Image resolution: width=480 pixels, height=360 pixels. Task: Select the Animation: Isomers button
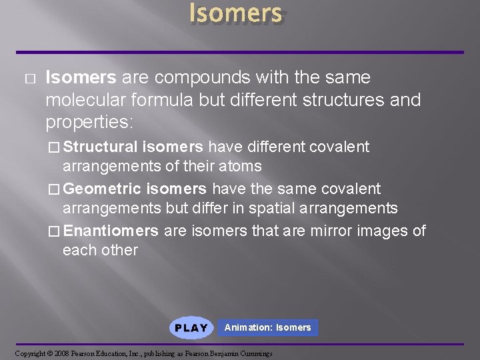tap(267, 327)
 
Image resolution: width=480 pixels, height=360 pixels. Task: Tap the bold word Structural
tap(101, 147)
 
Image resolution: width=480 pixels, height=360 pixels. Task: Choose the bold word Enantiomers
tap(111, 231)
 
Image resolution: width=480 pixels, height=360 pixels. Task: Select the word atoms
tap(238, 166)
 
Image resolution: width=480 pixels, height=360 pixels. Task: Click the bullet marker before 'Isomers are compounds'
tap(27, 79)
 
